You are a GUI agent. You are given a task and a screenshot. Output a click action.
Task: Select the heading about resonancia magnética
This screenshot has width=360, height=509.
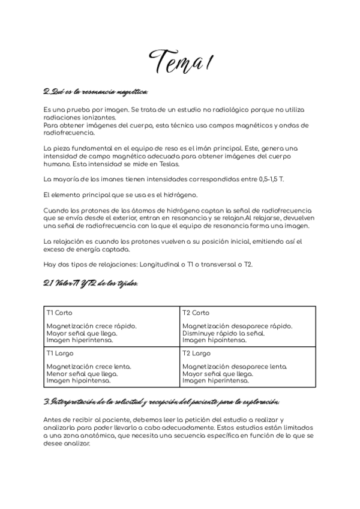point(95,91)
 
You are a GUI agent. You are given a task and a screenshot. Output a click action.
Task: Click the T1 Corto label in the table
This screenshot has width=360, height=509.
point(59,313)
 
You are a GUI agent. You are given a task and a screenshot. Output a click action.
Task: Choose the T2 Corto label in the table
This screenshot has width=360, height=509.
point(196,313)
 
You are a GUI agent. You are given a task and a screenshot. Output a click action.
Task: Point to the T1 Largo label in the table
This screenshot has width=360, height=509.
point(59,354)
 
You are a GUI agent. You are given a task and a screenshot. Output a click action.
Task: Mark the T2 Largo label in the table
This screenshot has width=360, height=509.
point(196,354)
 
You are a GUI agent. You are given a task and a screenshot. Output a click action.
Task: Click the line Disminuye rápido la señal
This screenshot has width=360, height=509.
point(223,333)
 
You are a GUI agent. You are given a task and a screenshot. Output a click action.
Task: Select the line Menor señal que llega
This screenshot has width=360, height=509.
point(80,373)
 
